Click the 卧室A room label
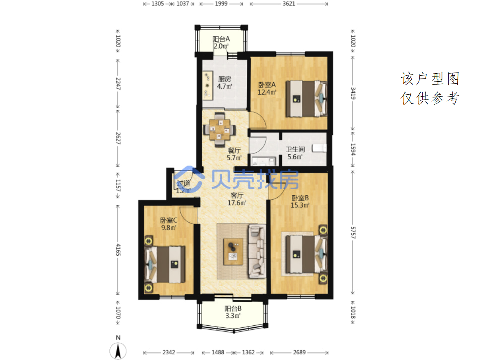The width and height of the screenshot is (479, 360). [267, 85]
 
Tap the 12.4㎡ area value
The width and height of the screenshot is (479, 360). [267, 92]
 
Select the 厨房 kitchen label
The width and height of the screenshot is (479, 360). [225, 79]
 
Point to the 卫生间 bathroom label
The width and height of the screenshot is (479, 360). [295, 149]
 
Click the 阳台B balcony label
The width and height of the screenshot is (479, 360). [233, 309]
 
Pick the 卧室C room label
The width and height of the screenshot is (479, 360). [169, 220]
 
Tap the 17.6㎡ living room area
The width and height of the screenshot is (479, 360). [237, 203]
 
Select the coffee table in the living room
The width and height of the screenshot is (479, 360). [233, 252]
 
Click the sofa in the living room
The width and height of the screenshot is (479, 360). [257, 251]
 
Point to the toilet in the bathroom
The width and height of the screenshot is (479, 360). [319, 148]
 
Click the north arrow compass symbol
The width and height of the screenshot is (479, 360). [118, 350]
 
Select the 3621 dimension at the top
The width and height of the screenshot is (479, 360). [289, 4]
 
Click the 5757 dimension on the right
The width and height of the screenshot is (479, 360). [353, 233]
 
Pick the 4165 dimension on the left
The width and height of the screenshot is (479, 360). [118, 250]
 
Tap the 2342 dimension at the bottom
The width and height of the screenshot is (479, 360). [169, 352]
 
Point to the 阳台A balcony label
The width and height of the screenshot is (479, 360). [221, 39]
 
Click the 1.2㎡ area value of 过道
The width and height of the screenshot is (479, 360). [183, 190]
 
